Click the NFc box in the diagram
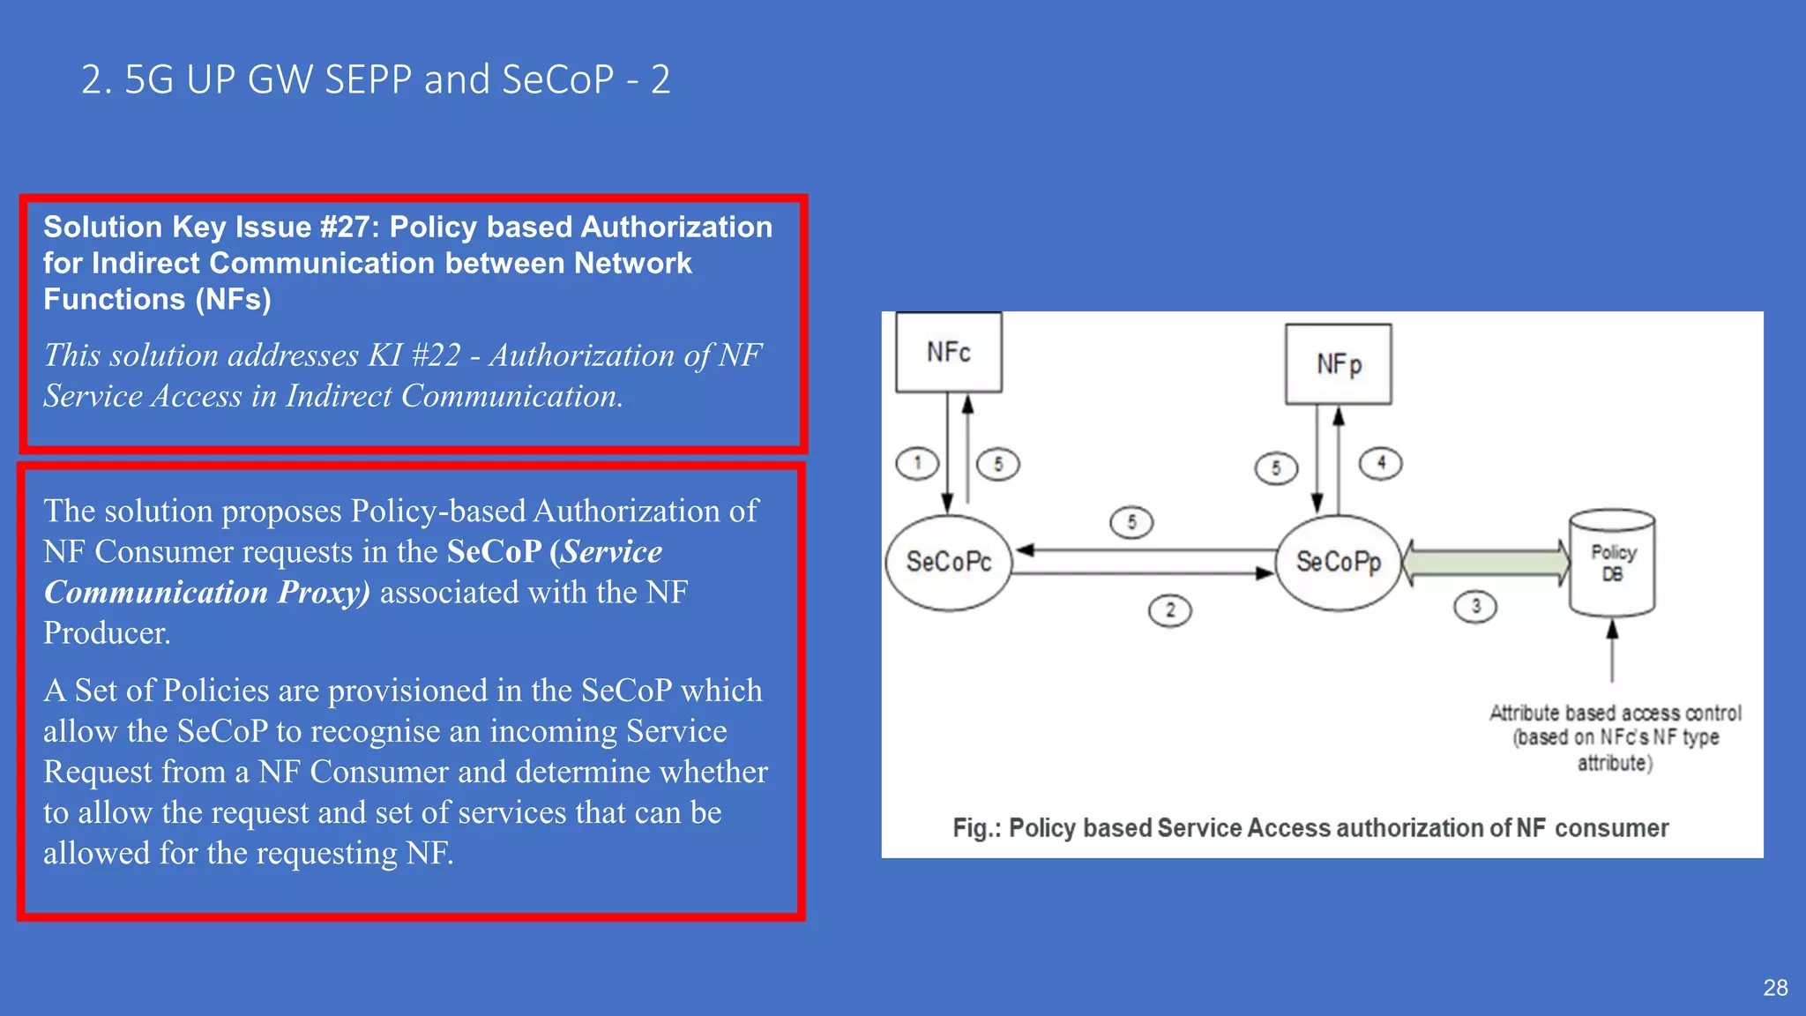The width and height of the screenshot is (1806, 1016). coord(949,352)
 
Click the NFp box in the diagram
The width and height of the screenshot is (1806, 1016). coord(1339,363)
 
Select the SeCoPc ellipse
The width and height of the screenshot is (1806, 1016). coord(949,562)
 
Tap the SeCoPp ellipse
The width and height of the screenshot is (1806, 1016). coord(1339,562)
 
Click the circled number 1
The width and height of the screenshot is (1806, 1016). coord(917,463)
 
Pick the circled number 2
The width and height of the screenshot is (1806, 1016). coord(1170,610)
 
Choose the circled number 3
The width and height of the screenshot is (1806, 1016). coord(1475,607)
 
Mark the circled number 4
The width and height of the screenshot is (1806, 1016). coord(1381,463)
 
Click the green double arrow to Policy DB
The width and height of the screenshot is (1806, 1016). coord(1487,563)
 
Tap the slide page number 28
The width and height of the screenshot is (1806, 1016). coord(1775,988)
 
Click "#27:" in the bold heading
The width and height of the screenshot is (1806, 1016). coord(350,227)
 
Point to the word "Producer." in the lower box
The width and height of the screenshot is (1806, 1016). coord(107,633)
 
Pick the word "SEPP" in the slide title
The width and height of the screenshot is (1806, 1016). coord(368,79)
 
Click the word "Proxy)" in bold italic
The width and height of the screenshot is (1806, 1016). coord(324,593)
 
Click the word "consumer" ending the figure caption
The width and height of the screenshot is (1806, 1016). coord(1611,828)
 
